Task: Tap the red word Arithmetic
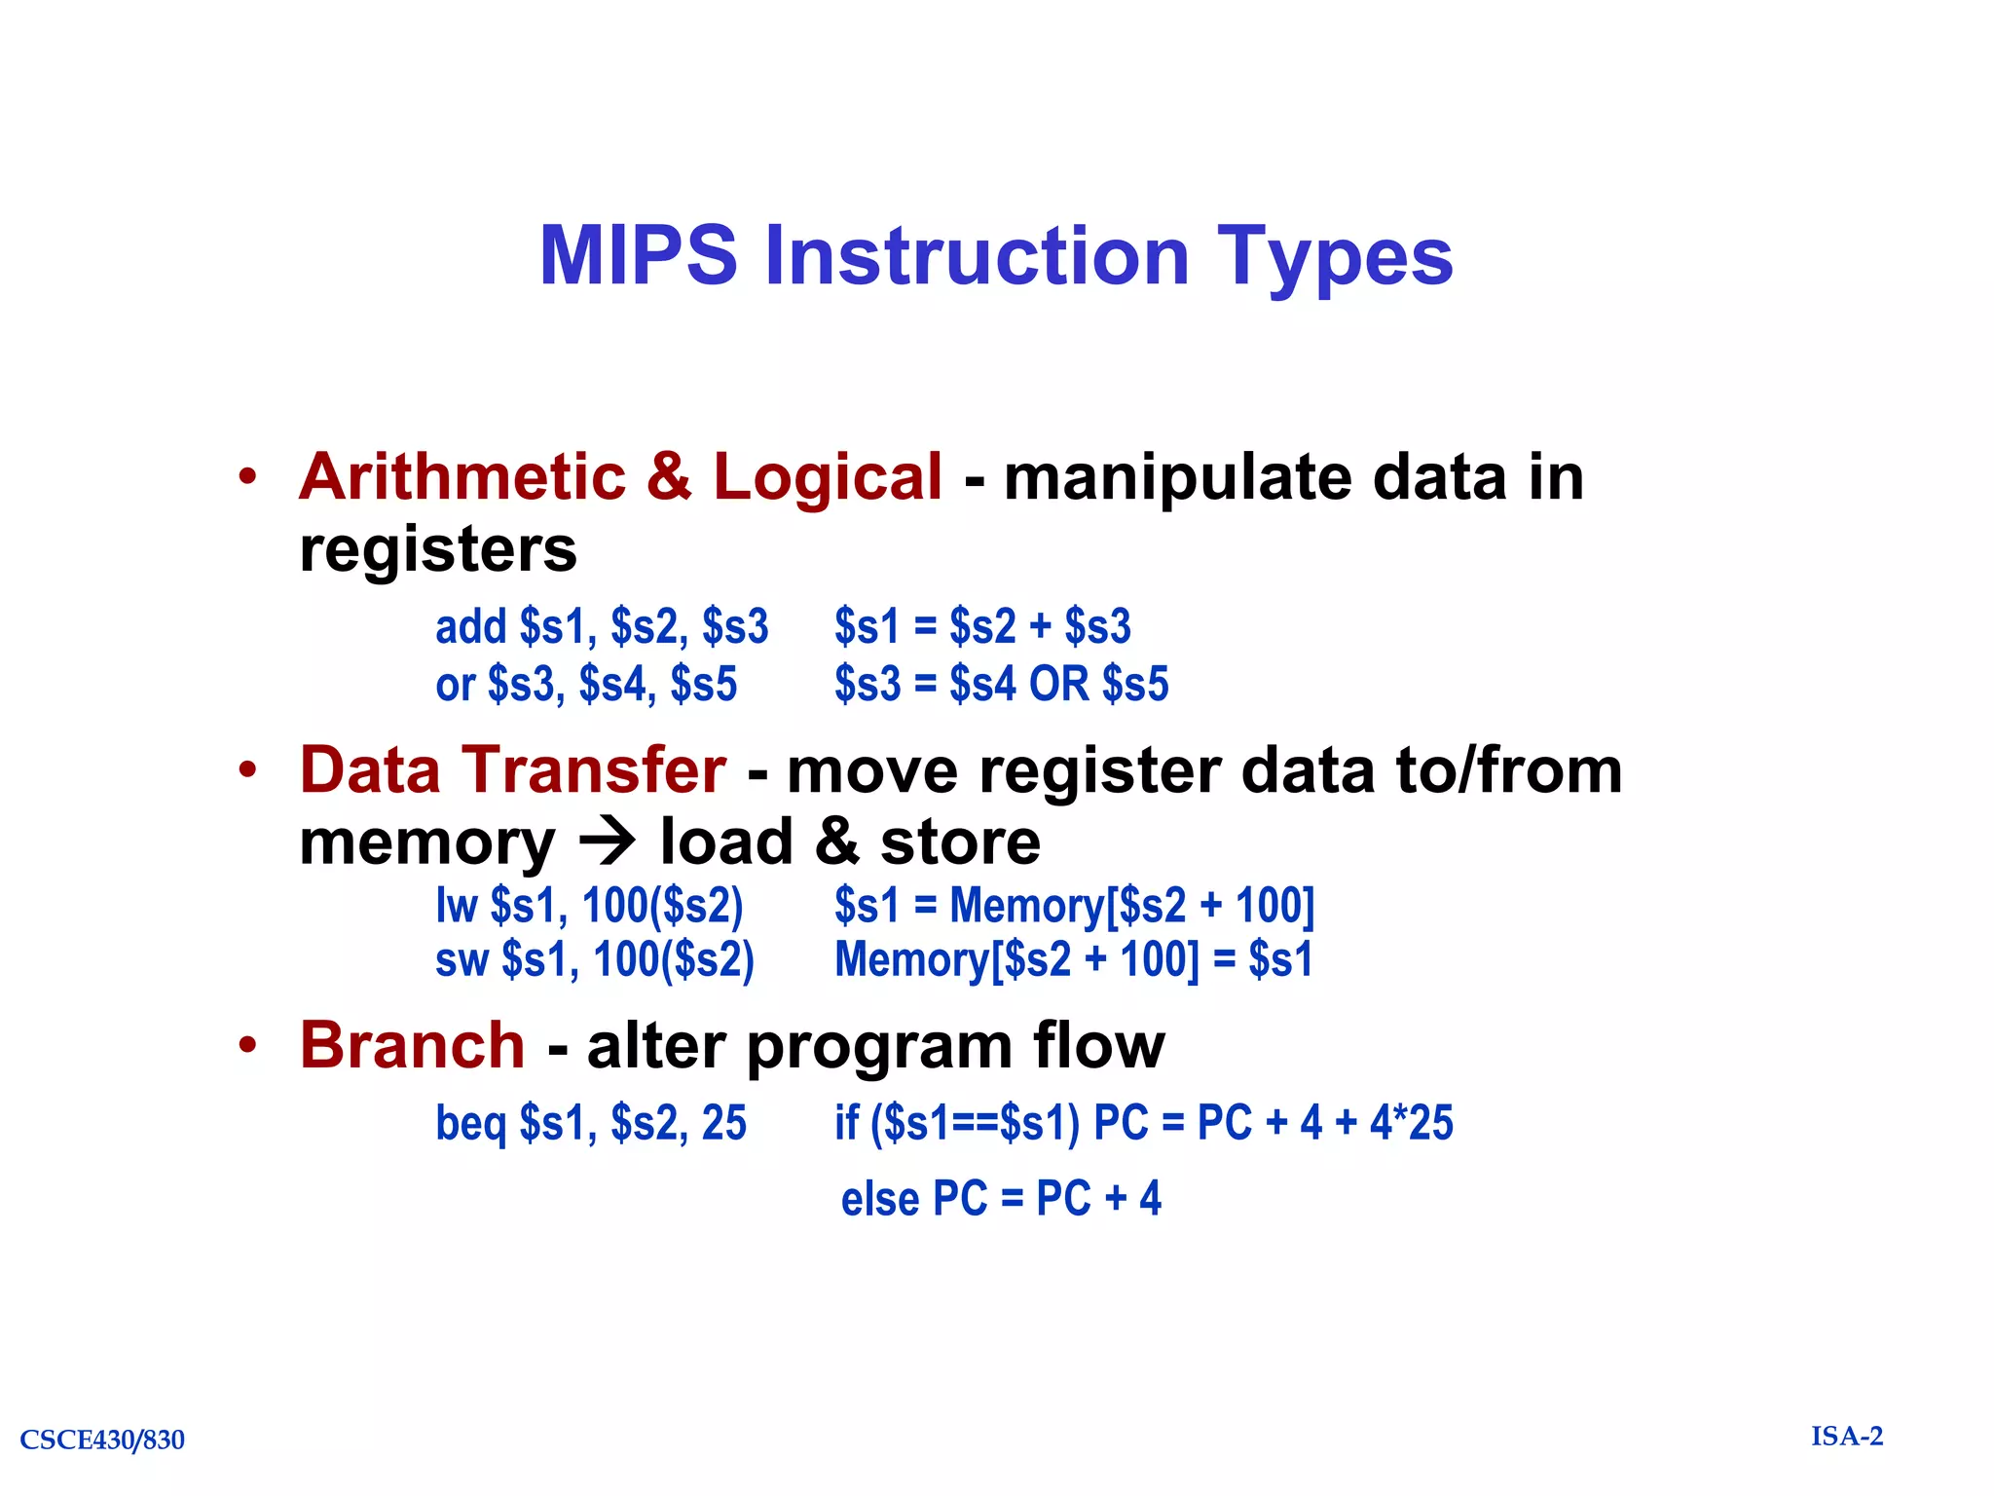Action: tap(462, 477)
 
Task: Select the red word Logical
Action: tap(827, 479)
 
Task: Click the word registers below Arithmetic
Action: tap(438, 550)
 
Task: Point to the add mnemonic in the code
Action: tap(471, 626)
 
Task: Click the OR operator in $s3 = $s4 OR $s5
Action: tap(1059, 684)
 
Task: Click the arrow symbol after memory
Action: tap(608, 841)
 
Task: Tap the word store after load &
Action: tap(960, 842)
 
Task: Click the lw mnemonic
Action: tap(457, 906)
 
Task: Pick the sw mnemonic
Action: tap(462, 960)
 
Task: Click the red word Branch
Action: tap(412, 1046)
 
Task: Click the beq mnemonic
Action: tap(471, 1123)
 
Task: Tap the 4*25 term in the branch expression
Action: tap(1411, 1122)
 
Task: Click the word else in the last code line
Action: tap(880, 1199)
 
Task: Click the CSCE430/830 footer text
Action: tap(102, 1440)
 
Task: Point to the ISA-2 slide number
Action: tap(1847, 1437)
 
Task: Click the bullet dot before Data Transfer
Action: tap(248, 769)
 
